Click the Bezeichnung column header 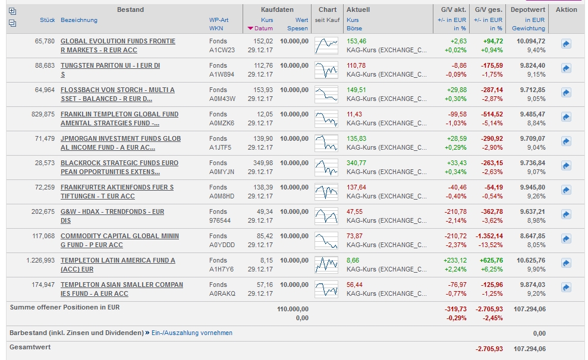tap(79, 20)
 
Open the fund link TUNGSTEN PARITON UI tap(110, 65)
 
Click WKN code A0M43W tap(222, 99)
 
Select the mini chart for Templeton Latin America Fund tap(326, 264)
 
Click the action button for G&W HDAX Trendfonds tap(566, 214)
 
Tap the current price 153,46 tap(356, 41)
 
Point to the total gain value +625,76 tap(489, 260)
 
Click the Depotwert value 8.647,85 tap(531, 236)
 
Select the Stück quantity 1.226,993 tap(40, 260)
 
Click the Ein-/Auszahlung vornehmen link tap(192, 333)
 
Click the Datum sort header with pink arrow tap(260, 29)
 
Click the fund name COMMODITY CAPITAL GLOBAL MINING tap(120, 236)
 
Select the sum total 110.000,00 tap(293, 309)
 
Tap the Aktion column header tap(566, 10)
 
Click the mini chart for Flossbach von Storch tap(326, 94)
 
